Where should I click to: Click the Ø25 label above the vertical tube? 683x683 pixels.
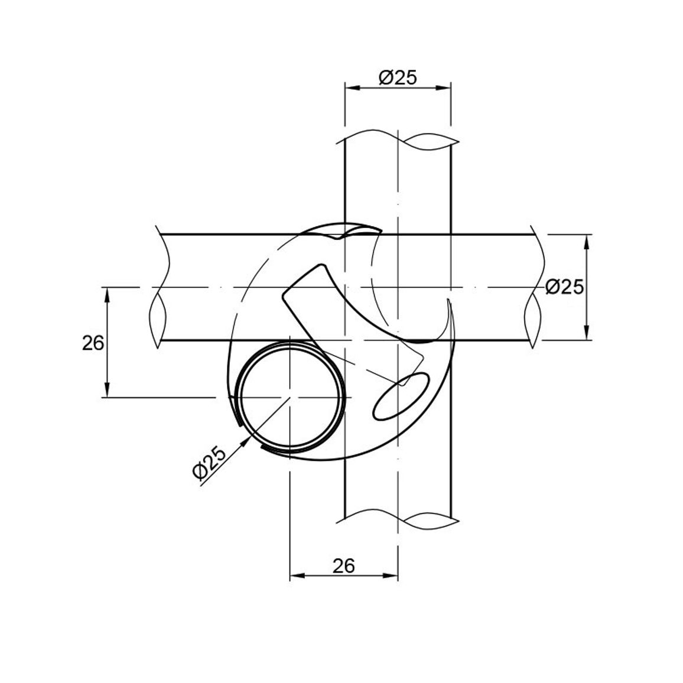[x=398, y=77]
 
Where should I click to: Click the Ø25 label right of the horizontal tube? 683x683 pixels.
[x=564, y=287]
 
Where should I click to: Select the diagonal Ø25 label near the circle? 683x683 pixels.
[x=210, y=463]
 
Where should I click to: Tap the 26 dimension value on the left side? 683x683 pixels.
[x=93, y=343]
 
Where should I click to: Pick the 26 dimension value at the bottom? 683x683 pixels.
[x=344, y=566]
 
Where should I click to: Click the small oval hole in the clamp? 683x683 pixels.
[x=402, y=396]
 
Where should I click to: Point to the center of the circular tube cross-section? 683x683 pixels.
[x=290, y=397]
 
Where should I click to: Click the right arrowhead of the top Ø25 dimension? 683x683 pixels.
[x=444, y=88]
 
